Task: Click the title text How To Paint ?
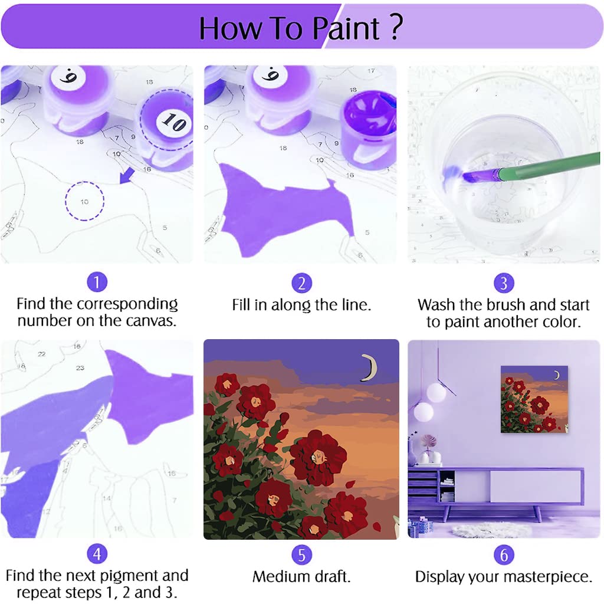pyautogui.click(x=301, y=27)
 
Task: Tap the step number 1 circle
pyautogui.click(x=97, y=283)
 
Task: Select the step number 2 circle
pyautogui.click(x=301, y=283)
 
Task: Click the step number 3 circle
pyautogui.click(x=503, y=283)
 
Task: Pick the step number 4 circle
pyautogui.click(x=97, y=554)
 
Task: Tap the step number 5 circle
pyautogui.click(x=301, y=554)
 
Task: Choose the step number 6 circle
pyautogui.click(x=503, y=554)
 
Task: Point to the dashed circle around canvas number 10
pyautogui.click(x=84, y=201)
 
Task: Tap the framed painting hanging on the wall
pyautogui.click(x=534, y=399)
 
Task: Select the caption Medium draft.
pyautogui.click(x=301, y=576)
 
